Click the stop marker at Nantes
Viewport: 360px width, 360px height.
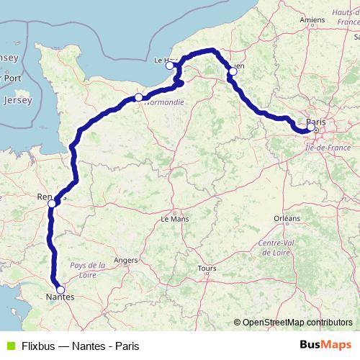point(60,289)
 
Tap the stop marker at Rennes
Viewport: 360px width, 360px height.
point(52,204)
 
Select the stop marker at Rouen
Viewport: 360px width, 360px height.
point(233,71)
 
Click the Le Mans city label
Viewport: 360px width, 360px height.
point(174,218)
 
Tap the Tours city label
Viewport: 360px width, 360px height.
point(206,269)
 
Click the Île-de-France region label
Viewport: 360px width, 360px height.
point(327,147)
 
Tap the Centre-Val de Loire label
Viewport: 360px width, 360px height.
point(274,249)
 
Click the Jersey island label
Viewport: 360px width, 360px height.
point(17,100)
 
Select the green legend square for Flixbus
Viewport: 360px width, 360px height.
point(10,345)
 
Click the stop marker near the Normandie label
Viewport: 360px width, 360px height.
point(138,96)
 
